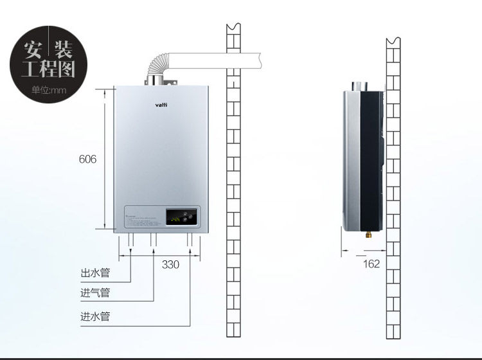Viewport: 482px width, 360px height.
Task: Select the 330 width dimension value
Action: click(170, 264)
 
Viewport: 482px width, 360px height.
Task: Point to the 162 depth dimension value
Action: click(371, 264)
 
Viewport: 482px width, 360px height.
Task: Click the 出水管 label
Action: click(95, 273)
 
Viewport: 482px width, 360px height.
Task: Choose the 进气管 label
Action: click(95, 293)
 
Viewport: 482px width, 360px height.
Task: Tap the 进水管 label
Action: click(95, 316)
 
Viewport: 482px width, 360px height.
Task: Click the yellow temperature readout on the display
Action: click(174, 219)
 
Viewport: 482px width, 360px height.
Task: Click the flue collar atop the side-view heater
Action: click(357, 86)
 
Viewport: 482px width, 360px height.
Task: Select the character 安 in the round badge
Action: click(33, 49)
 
